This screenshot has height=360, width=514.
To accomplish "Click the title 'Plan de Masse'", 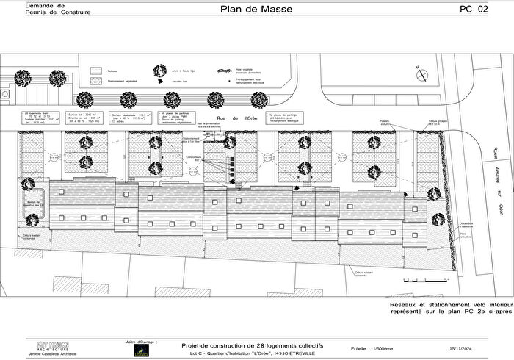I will pos(256,10).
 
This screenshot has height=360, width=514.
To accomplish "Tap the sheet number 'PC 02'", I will pos(472,10).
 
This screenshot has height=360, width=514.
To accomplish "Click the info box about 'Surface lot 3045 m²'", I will pos(82,118).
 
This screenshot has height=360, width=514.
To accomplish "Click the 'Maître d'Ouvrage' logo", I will pos(141,349).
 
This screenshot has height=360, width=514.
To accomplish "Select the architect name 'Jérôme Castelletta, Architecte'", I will pos(53,353).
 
